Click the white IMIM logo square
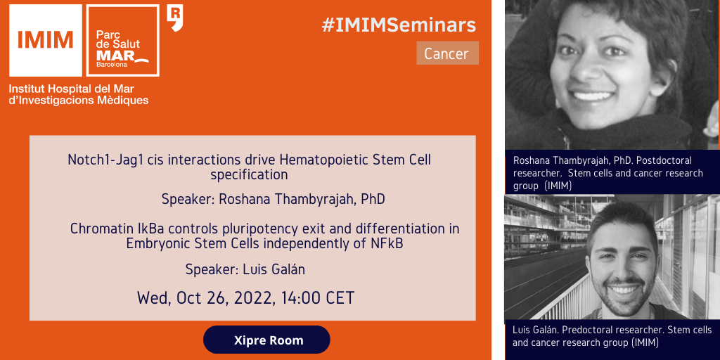point(46,40)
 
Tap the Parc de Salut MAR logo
point(123,40)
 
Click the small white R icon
point(175,18)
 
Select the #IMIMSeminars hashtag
point(399,25)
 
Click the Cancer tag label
point(448,53)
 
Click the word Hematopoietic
point(324,160)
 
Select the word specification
point(250,174)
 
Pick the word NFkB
point(387,243)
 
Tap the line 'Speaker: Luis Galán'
point(245,269)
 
